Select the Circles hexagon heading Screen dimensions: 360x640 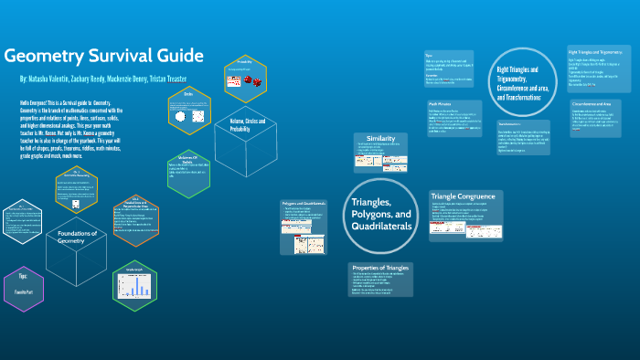(188, 94)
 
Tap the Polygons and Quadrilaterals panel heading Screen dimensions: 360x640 (304, 203)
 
